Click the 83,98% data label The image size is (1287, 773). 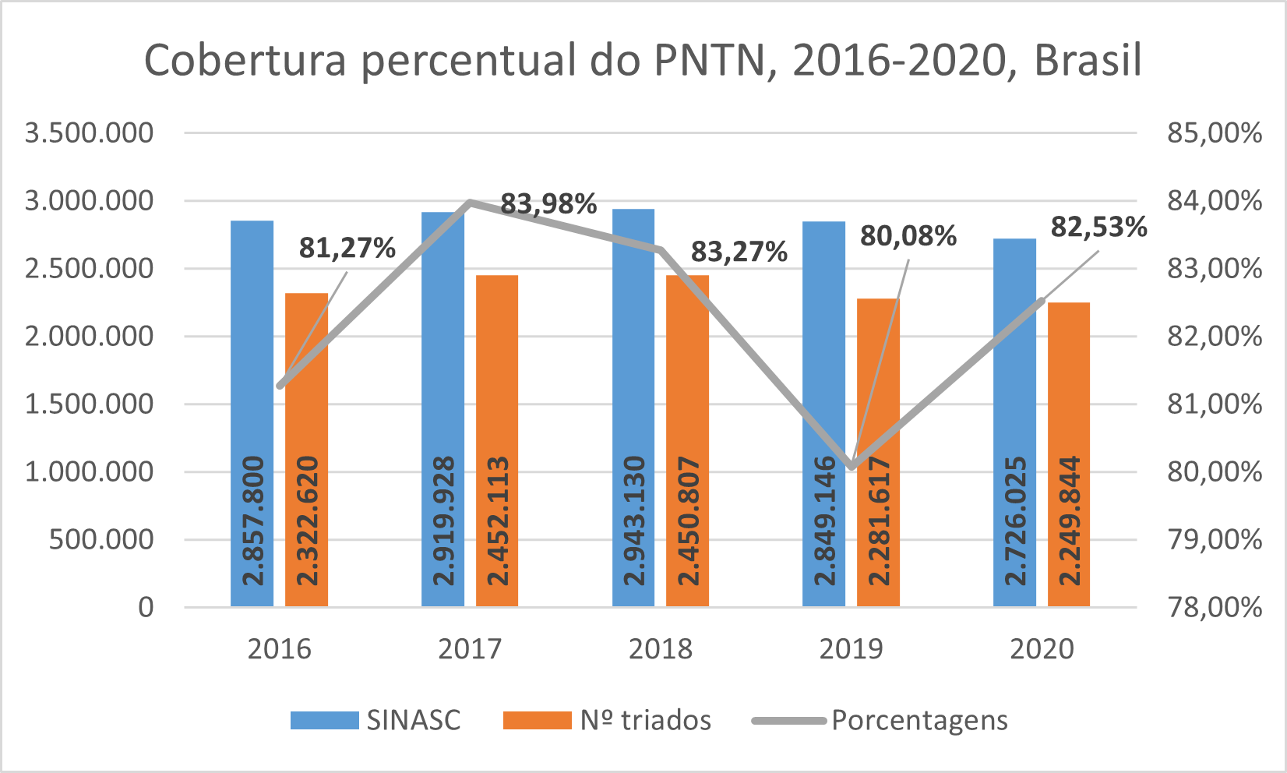tap(548, 204)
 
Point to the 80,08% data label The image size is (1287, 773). tap(908, 236)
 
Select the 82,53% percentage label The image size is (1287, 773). tap(1098, 228)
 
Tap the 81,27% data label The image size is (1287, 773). tap(347, 248)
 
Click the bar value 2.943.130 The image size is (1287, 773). tap(634, 521)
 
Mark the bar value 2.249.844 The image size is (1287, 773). tap(1070, 521)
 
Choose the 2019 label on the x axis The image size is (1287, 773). tap(851, 649)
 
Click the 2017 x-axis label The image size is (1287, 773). tap(470, 649)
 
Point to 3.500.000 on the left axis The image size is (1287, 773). tap(90, 133)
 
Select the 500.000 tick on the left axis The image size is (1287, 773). tap(101, 539)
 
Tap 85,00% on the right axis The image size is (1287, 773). tap(1214, 133)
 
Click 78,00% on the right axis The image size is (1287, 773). tap(1214, 607)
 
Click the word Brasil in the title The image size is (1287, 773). tap(1088, 60)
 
